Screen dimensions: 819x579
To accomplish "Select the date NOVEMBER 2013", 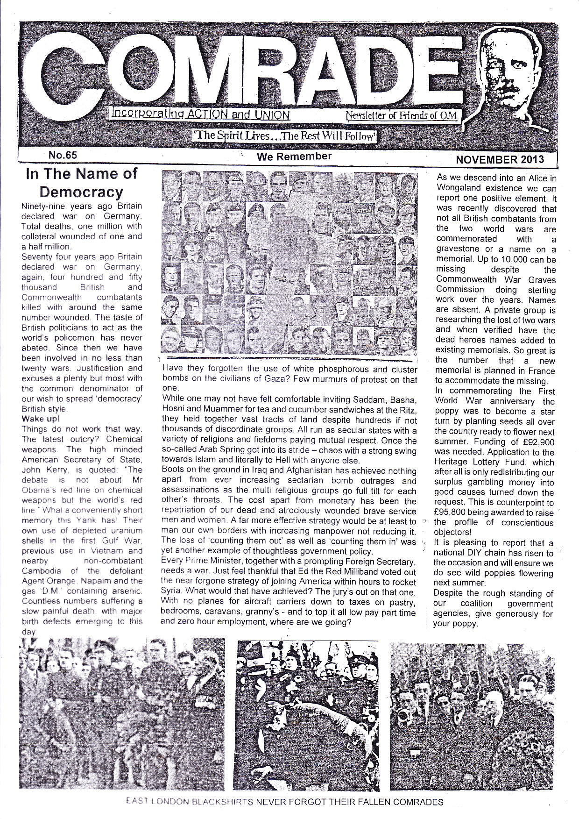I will pos(500,159).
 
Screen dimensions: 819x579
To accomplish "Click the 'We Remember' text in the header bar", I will pos(294,157).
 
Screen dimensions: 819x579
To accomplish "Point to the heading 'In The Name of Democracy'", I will pos(81,183).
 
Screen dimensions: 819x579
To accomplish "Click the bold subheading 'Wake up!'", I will pos(41,419).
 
